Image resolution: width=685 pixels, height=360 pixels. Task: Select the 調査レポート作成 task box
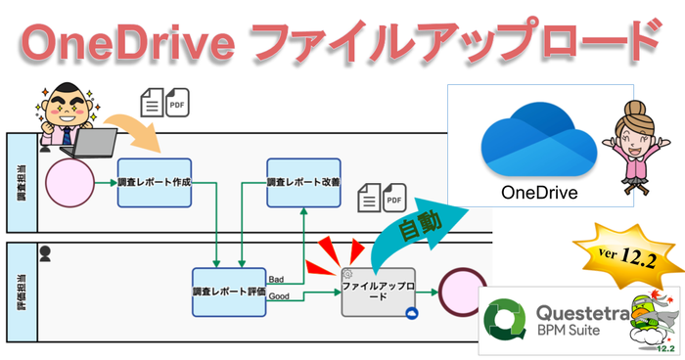click(154, 182)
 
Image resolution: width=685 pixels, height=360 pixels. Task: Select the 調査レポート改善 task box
click(303, 182)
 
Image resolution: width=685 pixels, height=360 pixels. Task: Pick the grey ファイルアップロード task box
click(378, 292)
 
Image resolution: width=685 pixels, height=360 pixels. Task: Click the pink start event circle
click(68, 183)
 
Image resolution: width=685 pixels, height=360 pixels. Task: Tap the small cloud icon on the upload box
click(412, 312)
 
